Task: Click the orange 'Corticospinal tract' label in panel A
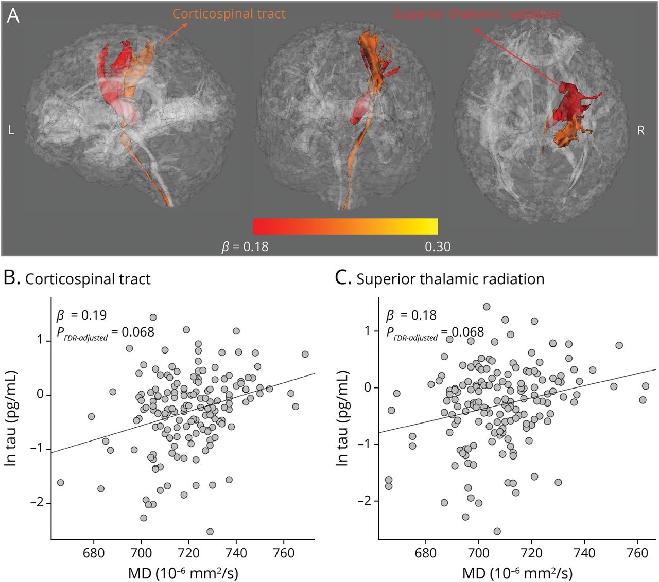(x=229, y=14)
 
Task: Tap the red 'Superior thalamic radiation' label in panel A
(x=477, y=14)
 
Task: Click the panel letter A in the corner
(x=13, y=16)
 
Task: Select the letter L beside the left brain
(x=11, y=131)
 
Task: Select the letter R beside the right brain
(x=641, y=131)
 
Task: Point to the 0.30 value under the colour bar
(x=438, y=247)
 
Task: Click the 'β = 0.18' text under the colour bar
(x=245, y=247)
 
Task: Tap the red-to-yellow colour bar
(x=345, y=226)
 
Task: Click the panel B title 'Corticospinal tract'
(x=88, y=279)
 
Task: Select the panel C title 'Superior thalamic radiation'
(x=450, y=279)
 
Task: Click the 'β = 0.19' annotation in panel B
(x=81, y=315)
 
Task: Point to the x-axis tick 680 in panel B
(x=94, y=553)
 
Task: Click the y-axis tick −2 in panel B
(x=37, y=503)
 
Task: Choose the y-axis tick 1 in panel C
(x=368, y=331)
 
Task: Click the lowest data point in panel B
(x=210, y=532)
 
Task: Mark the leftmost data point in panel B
(x=60, y=482)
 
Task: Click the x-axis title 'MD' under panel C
(x=517, y=573)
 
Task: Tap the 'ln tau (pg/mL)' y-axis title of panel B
(x=11, y=418)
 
